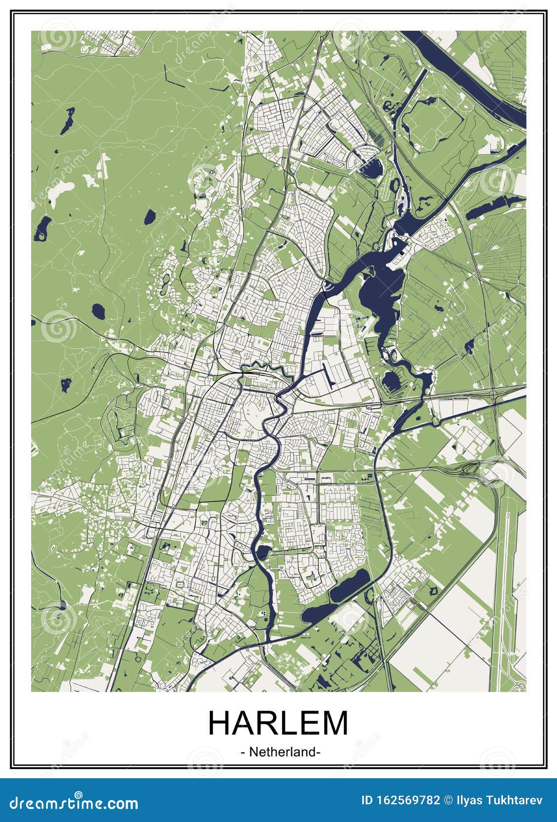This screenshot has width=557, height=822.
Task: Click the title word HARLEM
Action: point(278,723)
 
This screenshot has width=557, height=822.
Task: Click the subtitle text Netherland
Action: point(280,752)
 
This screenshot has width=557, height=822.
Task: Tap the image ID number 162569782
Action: point(408,800)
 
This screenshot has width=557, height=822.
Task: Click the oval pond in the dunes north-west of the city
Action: point(149,214)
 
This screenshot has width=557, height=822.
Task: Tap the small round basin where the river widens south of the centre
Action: point(263,552)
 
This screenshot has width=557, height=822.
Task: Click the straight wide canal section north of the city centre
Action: point(312,321)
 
